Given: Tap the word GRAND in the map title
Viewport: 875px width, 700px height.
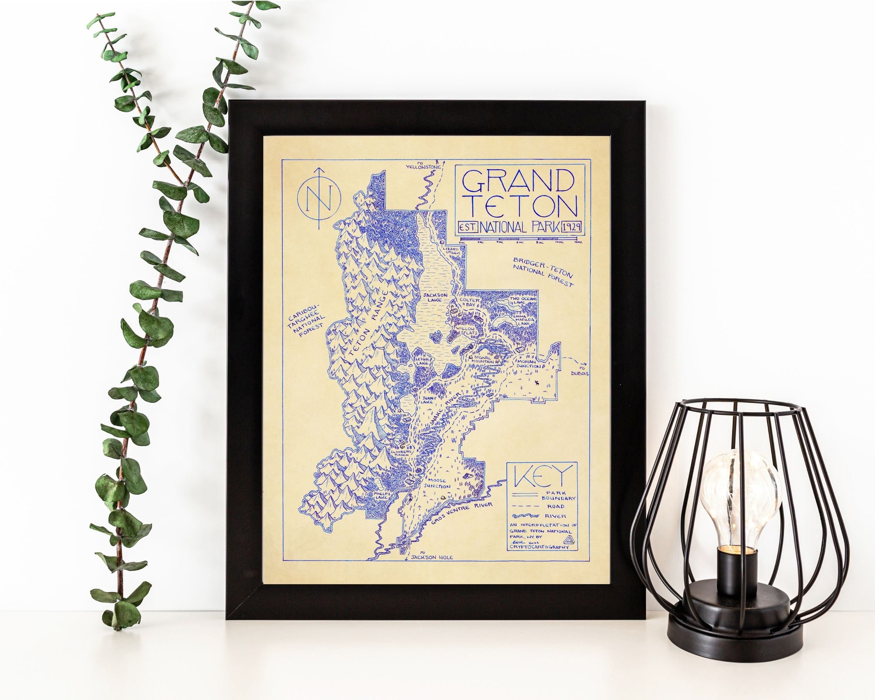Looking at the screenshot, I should (518, 181).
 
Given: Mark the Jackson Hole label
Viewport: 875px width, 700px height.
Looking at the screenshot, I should (432, 558).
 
